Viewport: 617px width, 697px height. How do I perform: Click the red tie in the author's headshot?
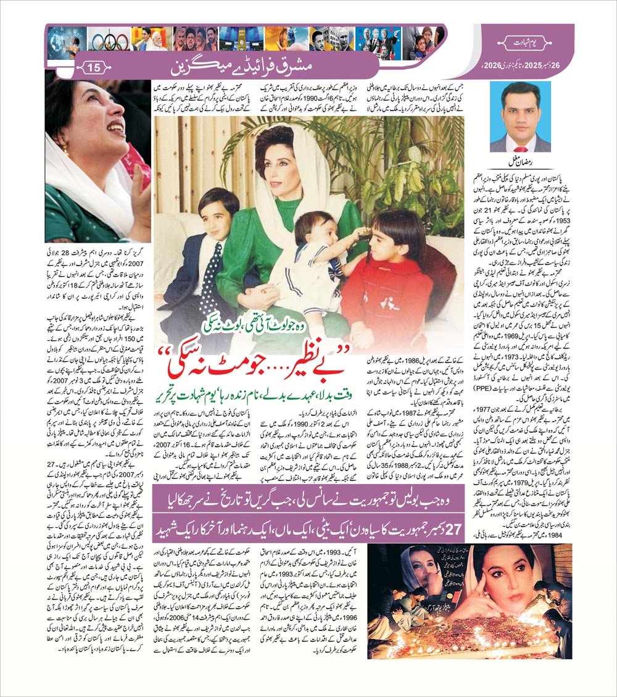point(520,146)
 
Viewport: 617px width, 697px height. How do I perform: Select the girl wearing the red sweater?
point(381,272)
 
